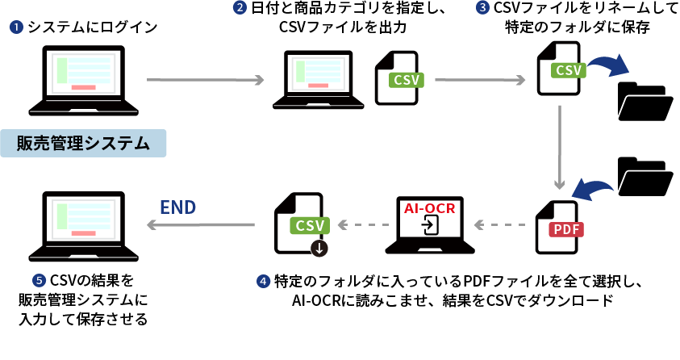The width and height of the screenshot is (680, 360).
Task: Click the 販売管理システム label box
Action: [84, 144]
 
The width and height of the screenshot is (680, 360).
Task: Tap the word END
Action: [178, 207]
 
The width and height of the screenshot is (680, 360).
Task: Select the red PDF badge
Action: [565, 229]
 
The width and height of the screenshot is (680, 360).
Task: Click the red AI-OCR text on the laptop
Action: [430, 208]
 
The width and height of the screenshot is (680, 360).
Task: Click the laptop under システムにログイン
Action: [78, 82]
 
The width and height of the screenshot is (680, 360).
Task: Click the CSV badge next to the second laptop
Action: [407, 81]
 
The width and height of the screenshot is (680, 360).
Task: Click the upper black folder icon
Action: [645, 101]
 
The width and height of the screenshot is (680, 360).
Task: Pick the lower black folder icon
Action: [645, 176]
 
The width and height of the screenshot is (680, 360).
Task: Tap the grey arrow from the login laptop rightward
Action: [206, 80]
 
